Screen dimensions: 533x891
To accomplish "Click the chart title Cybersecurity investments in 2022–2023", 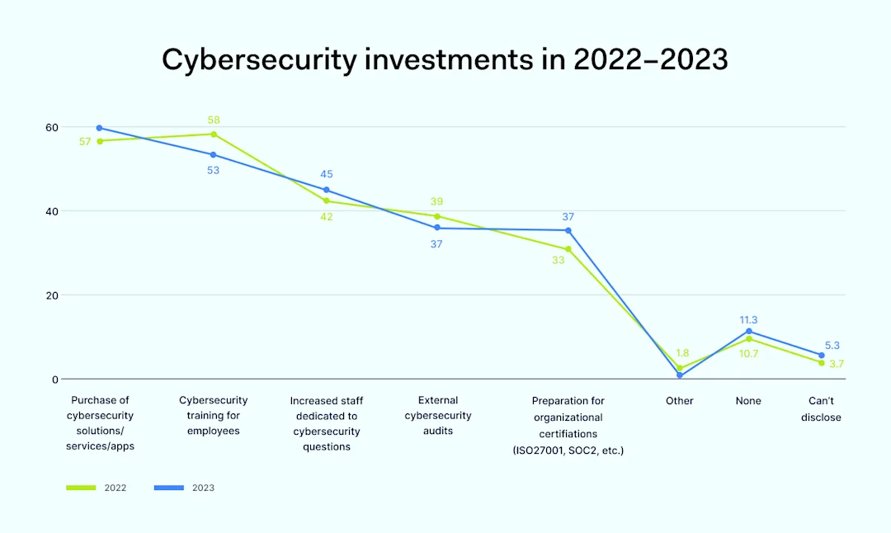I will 445,60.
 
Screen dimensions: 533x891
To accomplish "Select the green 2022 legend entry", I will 97,488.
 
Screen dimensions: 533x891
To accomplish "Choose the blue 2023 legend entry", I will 184,488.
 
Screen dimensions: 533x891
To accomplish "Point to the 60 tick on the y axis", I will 52,127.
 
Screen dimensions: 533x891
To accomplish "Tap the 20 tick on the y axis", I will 52,295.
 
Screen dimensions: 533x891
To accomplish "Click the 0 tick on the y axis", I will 54,380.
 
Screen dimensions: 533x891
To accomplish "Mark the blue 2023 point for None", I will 749,331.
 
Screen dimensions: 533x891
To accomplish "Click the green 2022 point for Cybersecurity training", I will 214,134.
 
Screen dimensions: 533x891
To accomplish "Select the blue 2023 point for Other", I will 680,375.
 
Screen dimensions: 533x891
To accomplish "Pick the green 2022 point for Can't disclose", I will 822,362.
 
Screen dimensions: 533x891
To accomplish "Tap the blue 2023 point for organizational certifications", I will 568,230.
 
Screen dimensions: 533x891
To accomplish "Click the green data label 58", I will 214,120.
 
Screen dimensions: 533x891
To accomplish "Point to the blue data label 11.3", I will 748,319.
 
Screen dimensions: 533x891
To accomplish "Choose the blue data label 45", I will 327,174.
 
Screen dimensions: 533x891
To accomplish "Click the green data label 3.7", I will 837,364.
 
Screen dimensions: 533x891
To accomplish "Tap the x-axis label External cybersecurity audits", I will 438,416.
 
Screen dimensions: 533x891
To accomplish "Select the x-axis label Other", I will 680,401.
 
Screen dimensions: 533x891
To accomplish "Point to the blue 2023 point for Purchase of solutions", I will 99,128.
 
